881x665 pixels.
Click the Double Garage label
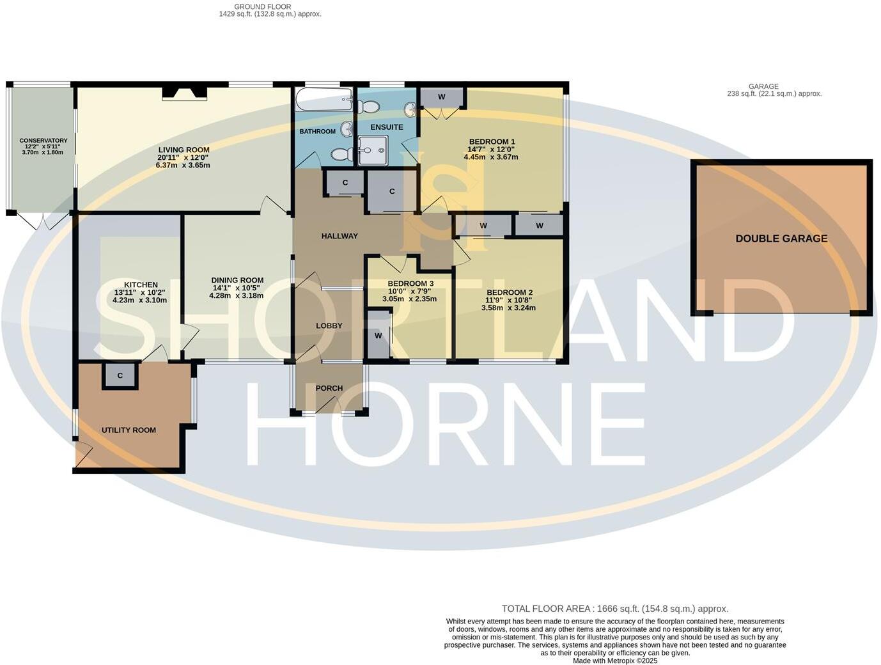[x=781, y=239]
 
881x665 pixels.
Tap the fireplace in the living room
[x=184, y=93]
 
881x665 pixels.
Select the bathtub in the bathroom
[x=324, y=100]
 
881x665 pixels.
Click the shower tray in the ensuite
[x=373, y=150]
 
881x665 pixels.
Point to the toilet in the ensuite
[x=369, y=107]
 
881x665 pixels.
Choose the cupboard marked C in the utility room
[x=120, y=376]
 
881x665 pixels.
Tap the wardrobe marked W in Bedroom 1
[x=442, y=97]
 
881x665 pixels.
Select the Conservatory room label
[x=43, y=141]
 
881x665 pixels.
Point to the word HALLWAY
[x=339, y=236]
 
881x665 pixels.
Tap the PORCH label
[x=329, y=388]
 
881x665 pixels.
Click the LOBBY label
[x=329, y=326]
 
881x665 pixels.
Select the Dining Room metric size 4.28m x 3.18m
[x=237, y=296]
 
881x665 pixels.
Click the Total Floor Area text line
[x=614, y=609]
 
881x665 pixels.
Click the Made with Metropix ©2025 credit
[x=614, y=661]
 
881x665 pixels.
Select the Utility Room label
[x=129, y=430]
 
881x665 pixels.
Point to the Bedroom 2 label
[x=508, y=293]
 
